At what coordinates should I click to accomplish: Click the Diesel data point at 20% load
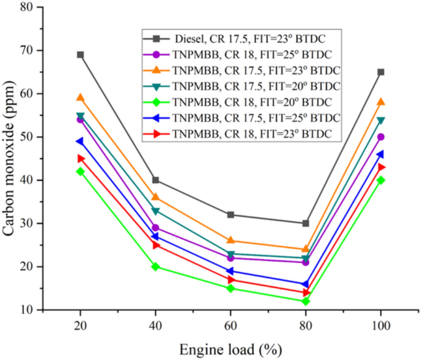pos(80,55)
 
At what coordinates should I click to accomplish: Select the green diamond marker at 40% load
pos(155,267)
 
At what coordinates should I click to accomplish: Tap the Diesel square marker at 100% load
pos(381,72)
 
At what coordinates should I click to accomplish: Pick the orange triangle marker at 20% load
pos(80,98)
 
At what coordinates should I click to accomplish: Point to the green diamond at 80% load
pos(305,301)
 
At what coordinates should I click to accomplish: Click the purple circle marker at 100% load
pos(381,137)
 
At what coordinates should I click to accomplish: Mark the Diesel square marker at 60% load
pos(230,214)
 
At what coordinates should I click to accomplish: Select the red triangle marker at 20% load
pos(80,158)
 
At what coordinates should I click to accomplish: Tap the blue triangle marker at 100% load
pos(381,154)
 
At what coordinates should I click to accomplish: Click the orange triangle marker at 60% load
pos(230,240)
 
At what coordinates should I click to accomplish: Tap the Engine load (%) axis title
pos(230,350)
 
